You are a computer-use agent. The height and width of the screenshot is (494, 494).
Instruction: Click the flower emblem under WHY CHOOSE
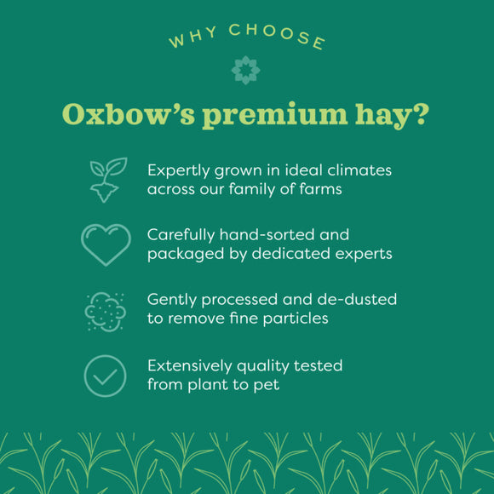coord(246,70)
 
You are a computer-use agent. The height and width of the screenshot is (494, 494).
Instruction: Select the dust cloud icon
coord(106,310)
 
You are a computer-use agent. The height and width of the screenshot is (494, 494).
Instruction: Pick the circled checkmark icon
coord(106,376)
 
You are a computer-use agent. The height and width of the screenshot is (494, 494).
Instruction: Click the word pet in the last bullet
coord(267,385)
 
